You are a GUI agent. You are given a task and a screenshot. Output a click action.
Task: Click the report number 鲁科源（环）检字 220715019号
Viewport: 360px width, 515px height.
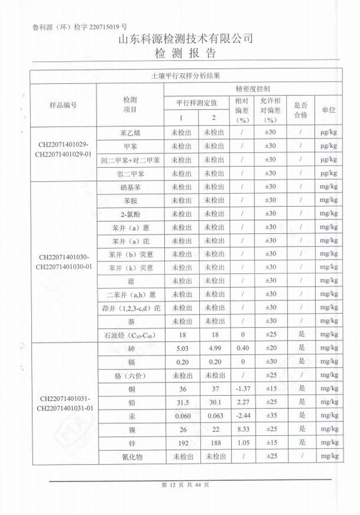[x=77, y=26]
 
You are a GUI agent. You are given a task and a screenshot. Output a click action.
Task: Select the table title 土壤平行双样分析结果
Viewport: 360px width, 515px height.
[x=185, y=76]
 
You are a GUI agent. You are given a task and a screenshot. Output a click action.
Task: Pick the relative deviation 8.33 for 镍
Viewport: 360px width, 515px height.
[x=242, y=429]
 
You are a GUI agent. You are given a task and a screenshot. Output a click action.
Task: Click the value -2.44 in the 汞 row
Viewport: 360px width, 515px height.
[x=242, y=415]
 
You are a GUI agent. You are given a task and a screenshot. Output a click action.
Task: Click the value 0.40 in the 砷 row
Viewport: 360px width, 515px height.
[x=242, y=348]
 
